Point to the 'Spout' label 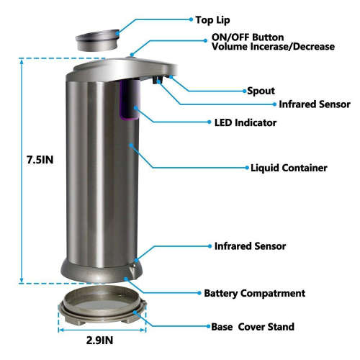(261, 91)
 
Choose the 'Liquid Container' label (289, 168)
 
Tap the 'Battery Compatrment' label (255, 293)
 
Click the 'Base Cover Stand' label (253, 327)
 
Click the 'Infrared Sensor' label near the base (250, 246)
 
